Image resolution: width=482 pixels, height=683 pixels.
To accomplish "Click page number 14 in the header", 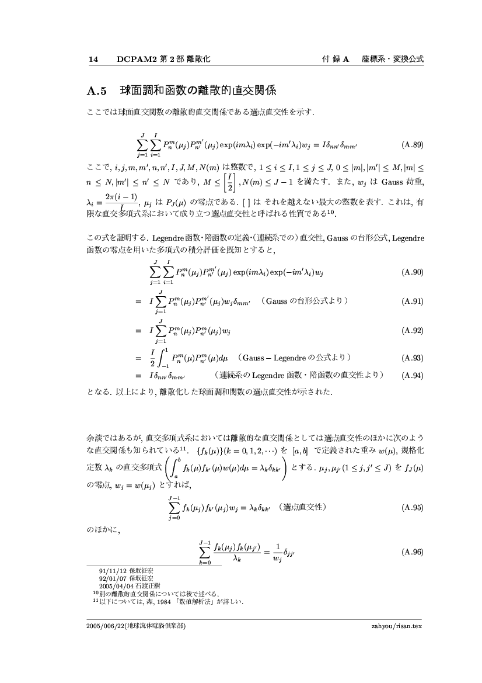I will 93,59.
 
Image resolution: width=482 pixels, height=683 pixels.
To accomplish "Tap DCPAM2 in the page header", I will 135,59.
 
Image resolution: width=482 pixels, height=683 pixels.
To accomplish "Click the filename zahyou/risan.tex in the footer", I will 396,625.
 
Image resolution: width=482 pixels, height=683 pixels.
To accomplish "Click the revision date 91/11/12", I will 110,570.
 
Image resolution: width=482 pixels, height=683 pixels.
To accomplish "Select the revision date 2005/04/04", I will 116,585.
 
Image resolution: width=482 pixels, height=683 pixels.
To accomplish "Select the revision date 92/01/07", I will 110,578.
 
